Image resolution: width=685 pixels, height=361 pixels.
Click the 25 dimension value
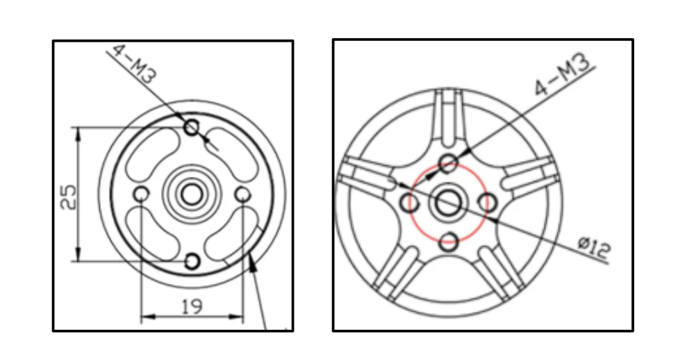tap(68, 197)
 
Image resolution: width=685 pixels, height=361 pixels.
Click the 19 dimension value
tap(192, 307)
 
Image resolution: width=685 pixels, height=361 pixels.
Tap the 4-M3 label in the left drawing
tap(133, 64)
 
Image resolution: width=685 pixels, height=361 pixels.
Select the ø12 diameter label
tap(594, 249)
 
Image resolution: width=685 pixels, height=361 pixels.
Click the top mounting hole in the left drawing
tap(191, 128)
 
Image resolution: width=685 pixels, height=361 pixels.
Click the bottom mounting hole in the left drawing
tap(192, 262)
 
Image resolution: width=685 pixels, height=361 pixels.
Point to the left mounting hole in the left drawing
tap(141, 194)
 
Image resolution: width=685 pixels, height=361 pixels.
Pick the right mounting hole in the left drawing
tap(242, 194)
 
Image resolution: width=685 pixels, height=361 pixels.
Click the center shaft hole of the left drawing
tap(191, 194)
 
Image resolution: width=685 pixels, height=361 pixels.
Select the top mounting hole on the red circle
tap(448, 163)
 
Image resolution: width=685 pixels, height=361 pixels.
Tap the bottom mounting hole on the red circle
tap(448, 242)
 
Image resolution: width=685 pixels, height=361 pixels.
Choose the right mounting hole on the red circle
tap(487, 203)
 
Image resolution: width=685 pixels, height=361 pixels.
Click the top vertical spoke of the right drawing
tap(449, 117)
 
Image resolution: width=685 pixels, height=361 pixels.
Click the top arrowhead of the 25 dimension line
tap(79, 133)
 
